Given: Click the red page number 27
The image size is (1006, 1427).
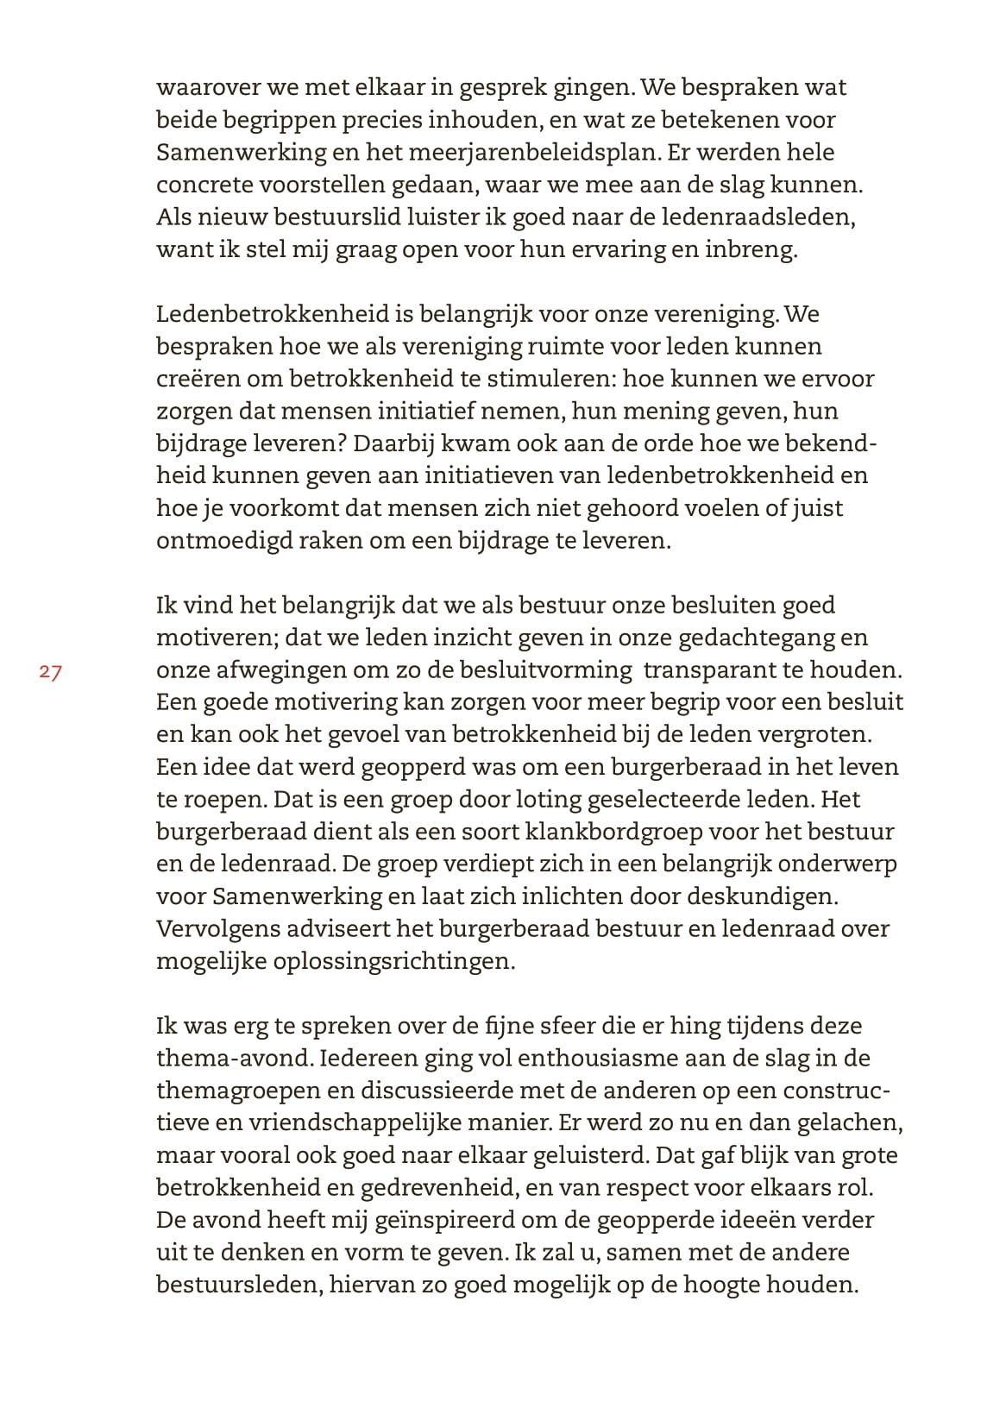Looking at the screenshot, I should pyautogui.click(x=51, y=672).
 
